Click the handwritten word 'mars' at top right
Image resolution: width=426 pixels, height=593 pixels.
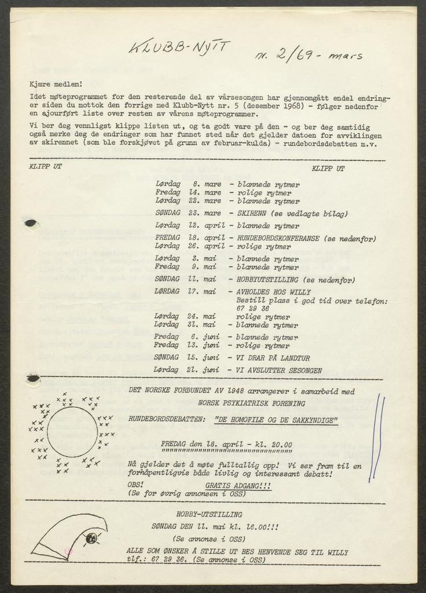345,56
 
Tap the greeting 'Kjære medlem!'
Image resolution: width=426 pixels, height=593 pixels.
56,84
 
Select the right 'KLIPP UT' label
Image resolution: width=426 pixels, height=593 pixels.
328,169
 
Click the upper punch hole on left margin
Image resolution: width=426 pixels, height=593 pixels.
28,222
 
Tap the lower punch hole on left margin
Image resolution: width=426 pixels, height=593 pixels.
33,378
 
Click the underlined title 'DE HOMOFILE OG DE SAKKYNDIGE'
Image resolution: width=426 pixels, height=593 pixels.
276,421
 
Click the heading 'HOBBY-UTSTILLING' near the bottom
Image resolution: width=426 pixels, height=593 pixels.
209,514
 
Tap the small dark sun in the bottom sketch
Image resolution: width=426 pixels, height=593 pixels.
91,539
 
